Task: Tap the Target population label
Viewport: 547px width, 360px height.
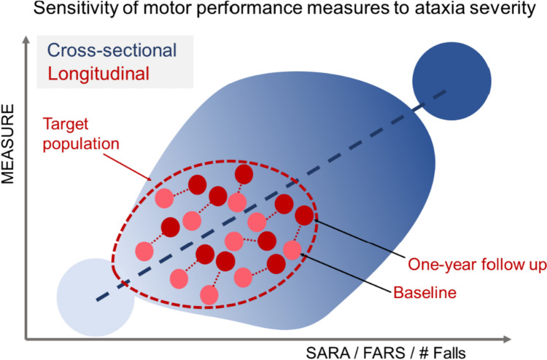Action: click(x=82, y=133)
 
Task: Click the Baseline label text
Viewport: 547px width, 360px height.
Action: click(x=424, y=294)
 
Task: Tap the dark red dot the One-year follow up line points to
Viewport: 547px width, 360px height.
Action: click(x=305, y=216)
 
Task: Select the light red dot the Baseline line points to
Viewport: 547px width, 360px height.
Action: click(x=292, y=250)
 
